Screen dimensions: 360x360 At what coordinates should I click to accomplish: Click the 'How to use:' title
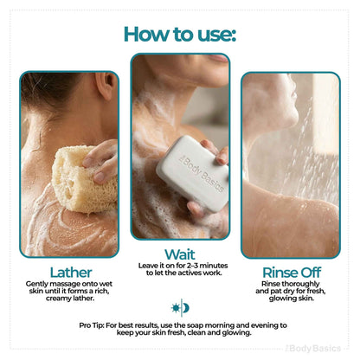pyautogui.click(x=180, y=34)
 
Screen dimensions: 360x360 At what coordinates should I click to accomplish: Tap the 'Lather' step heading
pyautogui.click(x=71, y=273)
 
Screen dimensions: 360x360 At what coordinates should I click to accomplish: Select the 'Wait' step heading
pyautogui.click(x=180, y=254)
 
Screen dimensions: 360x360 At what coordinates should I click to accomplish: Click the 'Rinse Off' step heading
pyautogui.click(x=292, y=273)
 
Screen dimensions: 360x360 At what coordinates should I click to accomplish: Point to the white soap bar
pyautogui.click(x=193, y=173)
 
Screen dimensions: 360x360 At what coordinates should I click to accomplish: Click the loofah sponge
pyautogui.click(x=84, y=179)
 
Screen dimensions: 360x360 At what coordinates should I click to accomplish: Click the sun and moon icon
pyautogui.click(x=180, y=308)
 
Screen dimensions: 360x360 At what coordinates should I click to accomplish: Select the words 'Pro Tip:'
pyautogui.click(x=92, y=325)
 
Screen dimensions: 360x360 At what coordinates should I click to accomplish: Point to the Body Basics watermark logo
pyautogui.click(x=313, y=349)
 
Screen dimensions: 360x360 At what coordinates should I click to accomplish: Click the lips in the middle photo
pyautogui.click(x=217, y=58)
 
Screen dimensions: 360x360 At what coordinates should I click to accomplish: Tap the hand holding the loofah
pyautogui.click(x=101, y=162)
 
